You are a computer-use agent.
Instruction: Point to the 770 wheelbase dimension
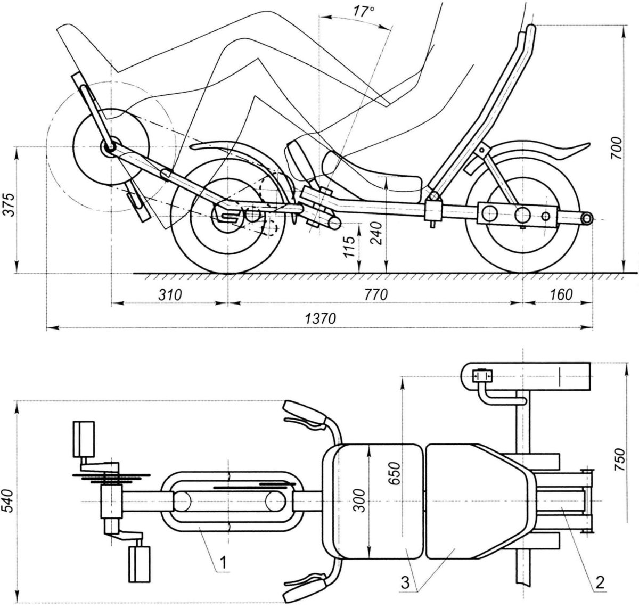(376, 295)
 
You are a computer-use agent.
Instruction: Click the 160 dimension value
(561, 295)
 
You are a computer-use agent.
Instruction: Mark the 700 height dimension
(617, 148)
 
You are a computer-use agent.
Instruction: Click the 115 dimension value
(349, 247)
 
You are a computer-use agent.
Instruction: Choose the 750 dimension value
(619, 459)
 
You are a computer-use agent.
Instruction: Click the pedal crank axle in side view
(111, 148)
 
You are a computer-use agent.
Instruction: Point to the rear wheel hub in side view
(522, 215)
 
